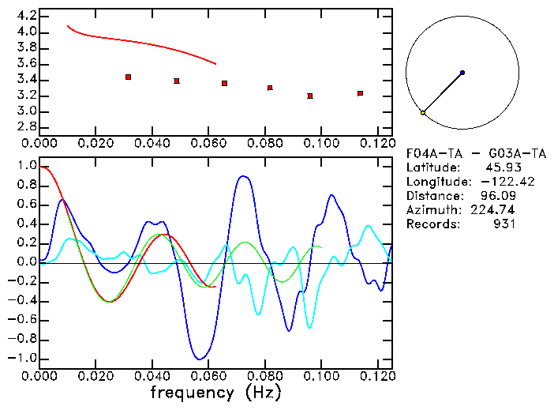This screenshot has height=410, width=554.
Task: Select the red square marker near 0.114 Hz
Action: click(360, 93)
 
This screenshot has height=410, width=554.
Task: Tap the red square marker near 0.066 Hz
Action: click(225, 83)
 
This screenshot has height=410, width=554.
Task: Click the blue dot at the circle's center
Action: click(462, 73)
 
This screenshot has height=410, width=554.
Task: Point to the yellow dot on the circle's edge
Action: click(423, 113)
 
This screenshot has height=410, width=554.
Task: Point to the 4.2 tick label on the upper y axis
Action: click(27, 16)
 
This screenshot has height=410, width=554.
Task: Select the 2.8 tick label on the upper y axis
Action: click(27, 127)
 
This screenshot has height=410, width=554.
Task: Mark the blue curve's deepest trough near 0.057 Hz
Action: click(200, 359)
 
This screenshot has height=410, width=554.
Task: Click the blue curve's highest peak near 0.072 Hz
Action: click(244, 176)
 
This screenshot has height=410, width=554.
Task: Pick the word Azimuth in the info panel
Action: click(431, 210)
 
